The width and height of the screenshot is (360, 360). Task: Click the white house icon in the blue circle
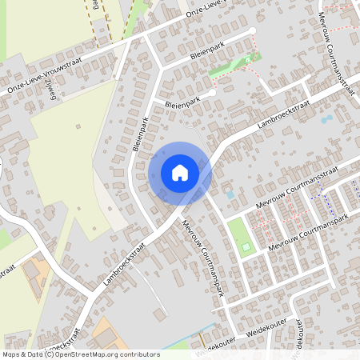pyautogui.click(x=180, y=172)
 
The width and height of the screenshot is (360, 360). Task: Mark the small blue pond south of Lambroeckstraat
pyautogui.click(x=326, y=120)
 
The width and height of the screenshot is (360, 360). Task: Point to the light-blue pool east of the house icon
pyautogui.click(x=230, y=194)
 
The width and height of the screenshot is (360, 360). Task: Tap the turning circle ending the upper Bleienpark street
pyautogui.click(x=253, y=31)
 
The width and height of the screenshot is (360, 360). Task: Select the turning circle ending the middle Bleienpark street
pyautogui.click(x=214, y=94)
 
